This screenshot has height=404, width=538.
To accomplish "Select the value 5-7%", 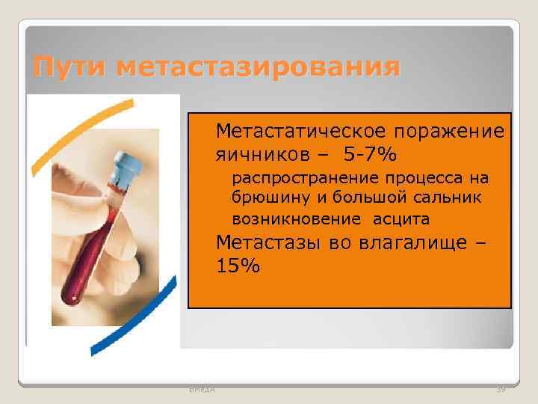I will pos(371,155).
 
